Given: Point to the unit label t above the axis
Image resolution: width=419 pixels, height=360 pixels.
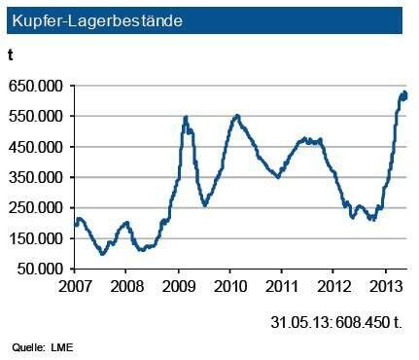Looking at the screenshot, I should click(13, 56).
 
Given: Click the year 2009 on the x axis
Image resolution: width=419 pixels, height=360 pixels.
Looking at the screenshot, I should click(179, 288).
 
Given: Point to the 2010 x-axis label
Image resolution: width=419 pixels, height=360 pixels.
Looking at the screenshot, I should click(230, 288).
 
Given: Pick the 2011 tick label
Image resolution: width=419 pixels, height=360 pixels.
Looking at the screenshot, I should click(282, 288).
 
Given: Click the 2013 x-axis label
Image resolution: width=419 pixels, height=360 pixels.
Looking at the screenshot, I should click(385, 288).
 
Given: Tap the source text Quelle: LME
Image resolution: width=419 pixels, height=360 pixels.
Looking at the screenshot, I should click(43, 347).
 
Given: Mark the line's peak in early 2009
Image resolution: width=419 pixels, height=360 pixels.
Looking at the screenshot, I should click(186, 118).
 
